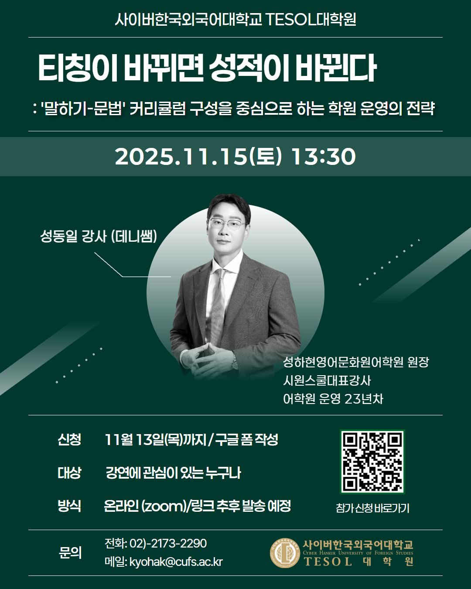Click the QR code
point(372,462)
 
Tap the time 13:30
point(323,157)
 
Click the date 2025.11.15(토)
point(198,157)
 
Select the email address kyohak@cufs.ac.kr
point(176,562)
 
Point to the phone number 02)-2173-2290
point(168,543)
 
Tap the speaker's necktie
point(218,301)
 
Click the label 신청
point(69,439)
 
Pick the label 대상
point(69,473)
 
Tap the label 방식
point(69,506)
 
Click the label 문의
point(70,552)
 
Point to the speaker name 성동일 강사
point(73,236)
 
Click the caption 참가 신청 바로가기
point(372,508)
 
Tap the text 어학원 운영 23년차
point(333,399)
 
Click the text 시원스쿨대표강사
point(327,380)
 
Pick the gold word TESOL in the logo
point(328,562)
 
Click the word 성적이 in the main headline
point(249,68)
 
